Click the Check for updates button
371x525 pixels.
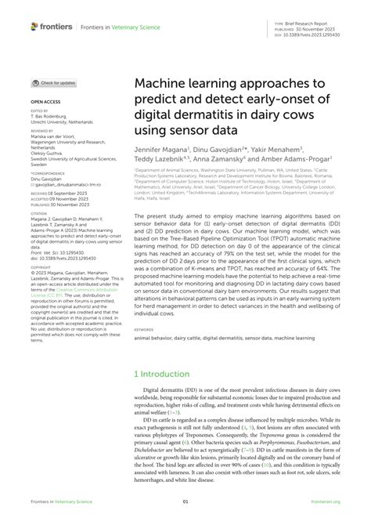54,82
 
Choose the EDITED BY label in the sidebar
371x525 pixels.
39,111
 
